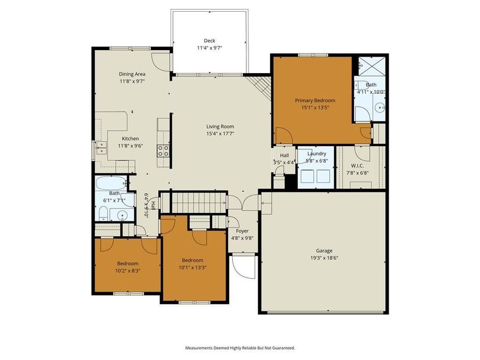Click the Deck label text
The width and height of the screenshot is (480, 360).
click(209, 41)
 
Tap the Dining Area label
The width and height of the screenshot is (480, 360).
click(132, 74)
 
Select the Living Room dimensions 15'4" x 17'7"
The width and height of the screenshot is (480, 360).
click(220, 134)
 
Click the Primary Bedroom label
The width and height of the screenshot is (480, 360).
click(315, 100)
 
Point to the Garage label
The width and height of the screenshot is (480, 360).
click(324, 251)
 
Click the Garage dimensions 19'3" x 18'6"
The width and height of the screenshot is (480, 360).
click(324, 258)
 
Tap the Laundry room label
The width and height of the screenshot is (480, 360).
click(316, 154)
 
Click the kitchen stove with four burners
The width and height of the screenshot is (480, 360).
click(163, 150)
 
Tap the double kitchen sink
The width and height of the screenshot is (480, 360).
click(100, 147)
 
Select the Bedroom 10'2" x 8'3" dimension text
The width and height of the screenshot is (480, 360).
click(127, 270)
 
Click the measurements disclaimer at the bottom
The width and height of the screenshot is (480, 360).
click(239, 348)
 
